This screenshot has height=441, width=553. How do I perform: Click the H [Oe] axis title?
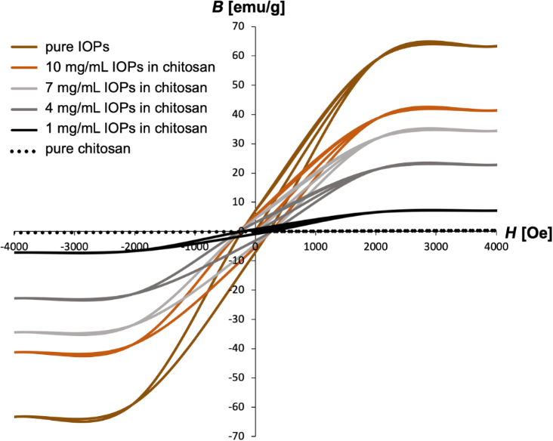[527, 235]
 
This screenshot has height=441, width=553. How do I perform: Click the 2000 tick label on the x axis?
[375, 247]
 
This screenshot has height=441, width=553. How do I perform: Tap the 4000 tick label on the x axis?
[496, 247]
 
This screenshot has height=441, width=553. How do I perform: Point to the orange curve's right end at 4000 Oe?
[496, 110]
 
